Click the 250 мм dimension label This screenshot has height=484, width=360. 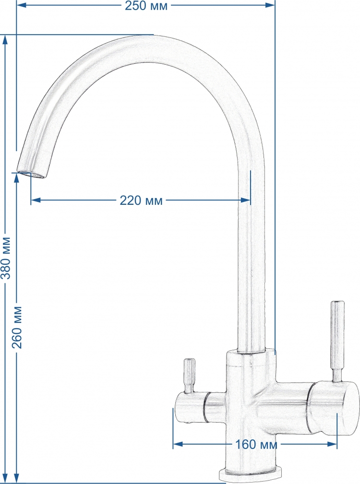[x=146, y=5]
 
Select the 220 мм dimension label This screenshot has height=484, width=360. [x=141, y=201]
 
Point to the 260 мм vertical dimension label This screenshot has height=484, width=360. [x=17, y=328]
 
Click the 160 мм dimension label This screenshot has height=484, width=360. [x=256, y=445]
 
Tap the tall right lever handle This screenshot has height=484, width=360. [x=337, y=341]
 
